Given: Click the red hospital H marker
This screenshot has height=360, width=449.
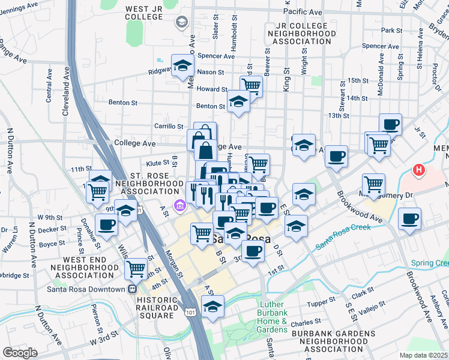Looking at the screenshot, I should coord(419,170).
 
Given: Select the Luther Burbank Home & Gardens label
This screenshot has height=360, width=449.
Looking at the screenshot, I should coord(273,317).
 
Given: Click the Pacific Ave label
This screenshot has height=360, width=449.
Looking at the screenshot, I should coord(303,11).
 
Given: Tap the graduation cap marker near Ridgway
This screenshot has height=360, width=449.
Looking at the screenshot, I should coord(182,67).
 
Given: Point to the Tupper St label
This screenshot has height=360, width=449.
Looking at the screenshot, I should coord(321,302).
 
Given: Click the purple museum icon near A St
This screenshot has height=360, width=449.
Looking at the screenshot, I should coord(179,206).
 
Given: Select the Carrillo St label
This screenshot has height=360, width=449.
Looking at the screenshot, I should coord(169,127).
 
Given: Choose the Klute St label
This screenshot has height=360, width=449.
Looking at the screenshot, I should coord(157,163).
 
